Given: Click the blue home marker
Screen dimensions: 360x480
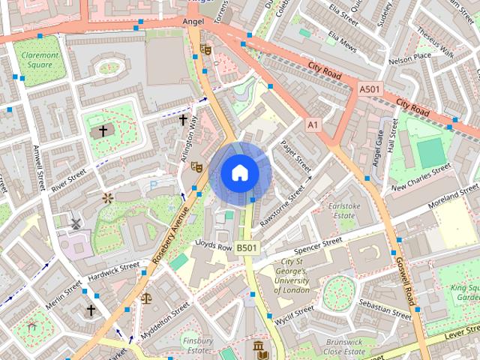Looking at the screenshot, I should coord(239,173).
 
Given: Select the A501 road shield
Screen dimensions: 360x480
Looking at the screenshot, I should coord(370,89).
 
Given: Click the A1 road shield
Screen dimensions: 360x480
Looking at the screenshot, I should coord(312,124).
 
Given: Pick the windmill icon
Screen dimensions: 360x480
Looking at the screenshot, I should coord(75,223).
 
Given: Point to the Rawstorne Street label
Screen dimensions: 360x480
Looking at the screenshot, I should coord(282,208).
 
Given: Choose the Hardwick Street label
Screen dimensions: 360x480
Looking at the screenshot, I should coord(113,269).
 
